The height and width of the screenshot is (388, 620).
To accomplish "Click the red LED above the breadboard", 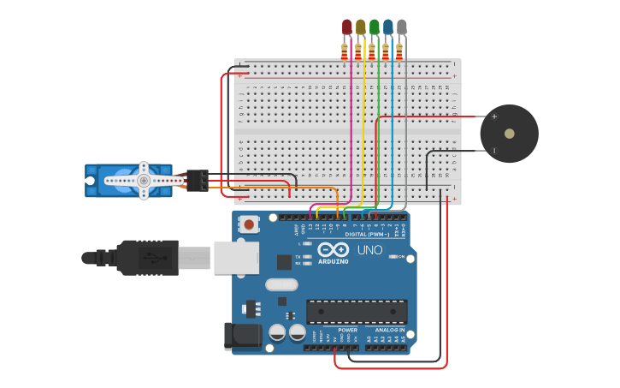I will click(346, 27).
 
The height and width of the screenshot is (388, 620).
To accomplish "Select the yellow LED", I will click(360, 27).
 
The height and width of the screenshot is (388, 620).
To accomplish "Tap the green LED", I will click(374, 27).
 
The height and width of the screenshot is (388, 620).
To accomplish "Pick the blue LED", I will click(388, 27).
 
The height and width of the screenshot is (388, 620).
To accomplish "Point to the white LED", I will click(402, 27).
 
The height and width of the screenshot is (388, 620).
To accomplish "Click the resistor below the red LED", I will click(345, 52).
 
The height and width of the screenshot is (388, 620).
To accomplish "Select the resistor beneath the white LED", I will click(399, 52).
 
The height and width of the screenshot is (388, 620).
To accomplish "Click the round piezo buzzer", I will click(509, 134).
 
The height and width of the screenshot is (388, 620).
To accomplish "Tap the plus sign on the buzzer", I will click(493, 116).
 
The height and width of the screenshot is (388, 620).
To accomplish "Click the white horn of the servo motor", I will click(144, 181).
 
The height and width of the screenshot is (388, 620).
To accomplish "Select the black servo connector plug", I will click(198, 180).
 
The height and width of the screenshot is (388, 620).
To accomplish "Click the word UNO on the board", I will click(369, 250).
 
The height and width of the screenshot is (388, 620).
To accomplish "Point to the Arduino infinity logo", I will click(334, 249).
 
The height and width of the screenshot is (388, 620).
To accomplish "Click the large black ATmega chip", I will click(357, 312).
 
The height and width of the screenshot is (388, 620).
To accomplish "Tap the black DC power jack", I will click(242, 337).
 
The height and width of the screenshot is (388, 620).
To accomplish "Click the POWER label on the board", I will click(347, 329).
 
